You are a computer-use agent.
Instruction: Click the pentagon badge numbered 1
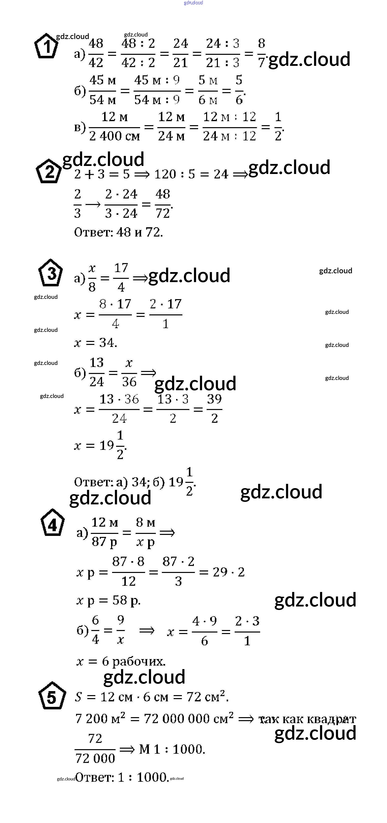tap(46, 46)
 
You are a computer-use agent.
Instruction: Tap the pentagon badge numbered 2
tap(49, 171)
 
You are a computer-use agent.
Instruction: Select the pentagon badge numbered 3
tap(51, 273)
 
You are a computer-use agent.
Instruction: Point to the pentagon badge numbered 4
tap(52, 523)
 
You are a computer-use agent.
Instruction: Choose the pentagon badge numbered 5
tap(52, 696)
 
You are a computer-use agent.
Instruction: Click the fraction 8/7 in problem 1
tap(261, 53)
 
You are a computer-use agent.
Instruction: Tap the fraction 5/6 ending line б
tap(239, 90)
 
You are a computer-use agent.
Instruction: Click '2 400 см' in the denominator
tap(114, 136)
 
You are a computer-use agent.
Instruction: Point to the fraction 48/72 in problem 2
tap(163, 203)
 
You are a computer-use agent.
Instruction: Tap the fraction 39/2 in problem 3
tap(214, 409)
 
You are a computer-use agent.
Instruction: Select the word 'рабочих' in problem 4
tap(139, 661)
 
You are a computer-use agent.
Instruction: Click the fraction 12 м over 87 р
tap(104, 532)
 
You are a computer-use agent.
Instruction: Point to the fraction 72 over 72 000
tap(95, 749)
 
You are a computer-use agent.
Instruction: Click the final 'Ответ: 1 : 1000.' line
tap(122, 777)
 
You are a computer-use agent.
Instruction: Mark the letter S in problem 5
tap(79, 697)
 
